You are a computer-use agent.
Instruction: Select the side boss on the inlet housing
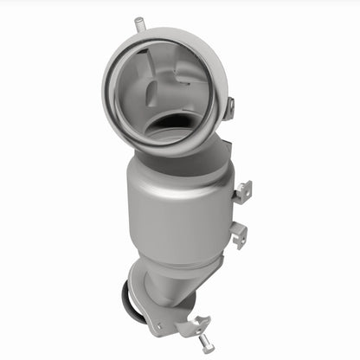click(230, 108)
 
